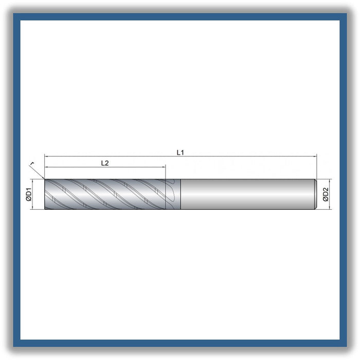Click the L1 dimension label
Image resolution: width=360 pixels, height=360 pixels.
(x=180, y=152)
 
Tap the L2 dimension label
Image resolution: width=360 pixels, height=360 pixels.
(x=105, y=163)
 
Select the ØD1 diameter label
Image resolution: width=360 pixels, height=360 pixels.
(x=29, y=194)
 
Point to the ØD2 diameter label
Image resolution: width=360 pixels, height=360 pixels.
(x=326, y=194)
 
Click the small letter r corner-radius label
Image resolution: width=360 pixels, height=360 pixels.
(x=32, y=163)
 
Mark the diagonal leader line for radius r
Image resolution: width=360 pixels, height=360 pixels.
(x=37, y=172)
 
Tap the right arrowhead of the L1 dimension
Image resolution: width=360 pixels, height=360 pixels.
(x=315, y=156)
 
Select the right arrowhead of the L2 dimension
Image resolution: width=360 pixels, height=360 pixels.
(x=164, y=167)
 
